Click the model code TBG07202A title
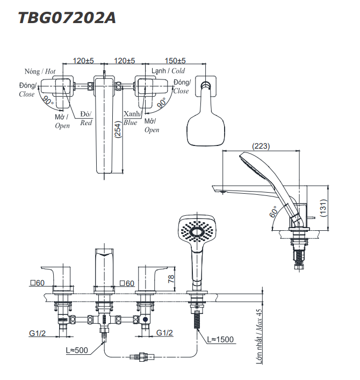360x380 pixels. pos(67,18)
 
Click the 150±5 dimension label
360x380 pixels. pos(175,61)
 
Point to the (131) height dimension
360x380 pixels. pos(323,208)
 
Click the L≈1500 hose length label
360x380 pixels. pos(221,340)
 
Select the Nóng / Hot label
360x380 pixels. pos(40,71)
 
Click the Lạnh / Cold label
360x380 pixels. pos(168,71)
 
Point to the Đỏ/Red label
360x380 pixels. pos(86,118)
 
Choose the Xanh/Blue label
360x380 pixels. pos(131,118)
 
